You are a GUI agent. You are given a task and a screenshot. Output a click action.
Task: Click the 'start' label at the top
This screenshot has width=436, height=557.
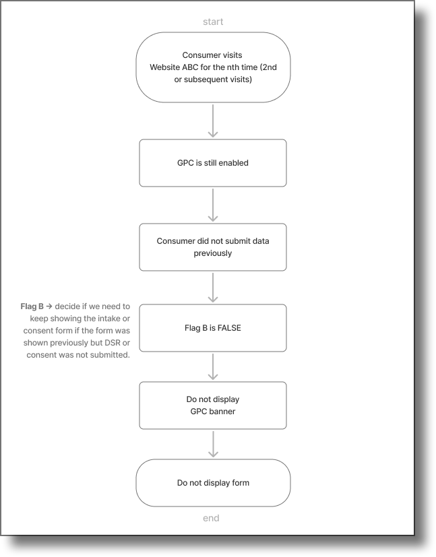[x=213, y=22]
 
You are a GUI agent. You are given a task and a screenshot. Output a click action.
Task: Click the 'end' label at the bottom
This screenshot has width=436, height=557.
[x=212, y=518]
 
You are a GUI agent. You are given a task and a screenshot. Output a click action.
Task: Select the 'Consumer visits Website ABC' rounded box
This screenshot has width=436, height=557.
[x=213, y=67]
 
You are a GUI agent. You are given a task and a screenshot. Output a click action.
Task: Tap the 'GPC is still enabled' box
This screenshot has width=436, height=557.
[x=213, y=163]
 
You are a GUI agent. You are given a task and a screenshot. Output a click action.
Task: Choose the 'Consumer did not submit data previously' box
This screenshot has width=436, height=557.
[x=213, y=247]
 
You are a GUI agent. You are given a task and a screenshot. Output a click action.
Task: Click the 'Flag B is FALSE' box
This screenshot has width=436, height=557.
[x=213, y=328]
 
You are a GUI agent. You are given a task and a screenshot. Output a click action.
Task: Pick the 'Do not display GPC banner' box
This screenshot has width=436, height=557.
[x=213, y=405]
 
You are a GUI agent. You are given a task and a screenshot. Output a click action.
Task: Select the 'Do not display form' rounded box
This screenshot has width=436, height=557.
[x=213, y=483]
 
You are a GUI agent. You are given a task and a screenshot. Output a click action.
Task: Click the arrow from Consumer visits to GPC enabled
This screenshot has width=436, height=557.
[x=213, y=121]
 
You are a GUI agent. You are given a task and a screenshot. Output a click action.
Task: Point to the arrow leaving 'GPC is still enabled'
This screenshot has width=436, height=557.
[x=213, y=205]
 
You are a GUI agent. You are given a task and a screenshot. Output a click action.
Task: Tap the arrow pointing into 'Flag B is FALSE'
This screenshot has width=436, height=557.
[x=213, y=288]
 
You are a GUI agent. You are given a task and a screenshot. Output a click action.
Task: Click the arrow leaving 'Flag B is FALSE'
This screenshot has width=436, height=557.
[x=213, y=366]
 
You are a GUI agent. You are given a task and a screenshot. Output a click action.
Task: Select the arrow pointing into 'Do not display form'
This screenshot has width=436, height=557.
[x=213, y=444]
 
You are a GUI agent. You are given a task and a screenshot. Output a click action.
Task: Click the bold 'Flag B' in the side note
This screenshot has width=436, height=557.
[x=32, y=306]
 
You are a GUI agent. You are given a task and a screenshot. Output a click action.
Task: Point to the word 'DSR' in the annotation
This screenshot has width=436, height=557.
[x=105, y=343]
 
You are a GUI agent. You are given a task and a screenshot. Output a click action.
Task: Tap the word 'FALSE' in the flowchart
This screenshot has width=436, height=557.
[x=230, y=328]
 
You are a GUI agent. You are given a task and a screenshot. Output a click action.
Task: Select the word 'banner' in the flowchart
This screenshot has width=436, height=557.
[x=222, y=412]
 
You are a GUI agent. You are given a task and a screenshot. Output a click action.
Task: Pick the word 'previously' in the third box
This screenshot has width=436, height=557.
[x=213, y=253]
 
